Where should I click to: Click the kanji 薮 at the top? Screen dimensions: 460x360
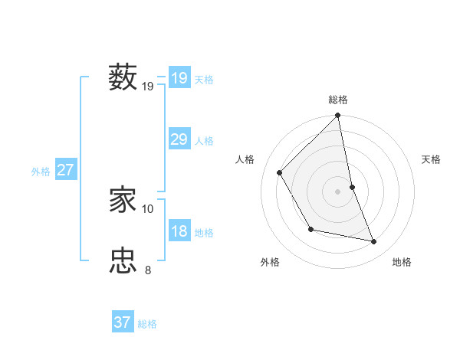click(x=123, y=77)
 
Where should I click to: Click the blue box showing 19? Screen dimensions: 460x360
click(x=179, y=77)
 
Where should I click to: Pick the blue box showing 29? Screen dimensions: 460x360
click(x=179, y=139)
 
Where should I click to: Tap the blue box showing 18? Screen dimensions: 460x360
click(x=179, y=231)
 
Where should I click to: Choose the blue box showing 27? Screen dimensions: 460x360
click(x=65, y=169)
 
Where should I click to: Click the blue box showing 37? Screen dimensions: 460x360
click(x=122, y=322)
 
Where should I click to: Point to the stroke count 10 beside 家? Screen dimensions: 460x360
click(x=148, y=208)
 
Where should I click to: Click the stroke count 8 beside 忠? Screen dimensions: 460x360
click(x=148, y=270)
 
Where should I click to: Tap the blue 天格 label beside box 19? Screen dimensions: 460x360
click(x=204, y=80)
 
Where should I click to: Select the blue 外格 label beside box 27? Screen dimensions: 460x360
click(x=41, y=172)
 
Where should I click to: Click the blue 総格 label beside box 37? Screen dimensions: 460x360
click(x=147, y=325)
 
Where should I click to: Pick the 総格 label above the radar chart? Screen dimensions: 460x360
click(x=338, y=100)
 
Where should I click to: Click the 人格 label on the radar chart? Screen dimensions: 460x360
click(x=245, y=159)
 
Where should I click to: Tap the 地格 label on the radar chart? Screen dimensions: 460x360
click(x=402, y=262)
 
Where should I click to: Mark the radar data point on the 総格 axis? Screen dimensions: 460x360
click(x=338, y=116)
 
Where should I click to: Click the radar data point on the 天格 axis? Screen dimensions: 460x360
click(x=352, y=186)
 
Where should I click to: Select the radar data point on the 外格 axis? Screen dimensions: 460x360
click(x=310, y=228)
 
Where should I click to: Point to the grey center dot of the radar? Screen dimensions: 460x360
click(x=338, y=191)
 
